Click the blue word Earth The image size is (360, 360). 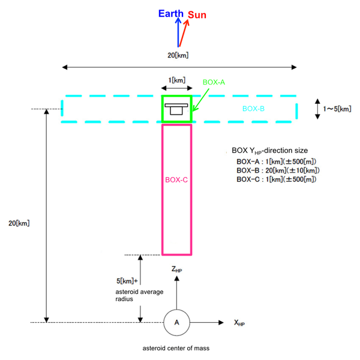point(171,14)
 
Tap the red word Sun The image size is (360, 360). point(197,15)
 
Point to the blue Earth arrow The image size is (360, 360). point(178,32)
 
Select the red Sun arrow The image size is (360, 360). point(184,33)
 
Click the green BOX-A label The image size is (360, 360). point(214,82)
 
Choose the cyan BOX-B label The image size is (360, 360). point(253,109)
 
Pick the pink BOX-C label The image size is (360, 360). point(176,180)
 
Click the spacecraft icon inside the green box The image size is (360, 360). point(176,109)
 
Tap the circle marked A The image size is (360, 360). point(177,323)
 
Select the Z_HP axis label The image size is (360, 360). point(176,269)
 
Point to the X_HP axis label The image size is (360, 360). point(239,323)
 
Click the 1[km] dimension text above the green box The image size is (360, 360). point(177,80)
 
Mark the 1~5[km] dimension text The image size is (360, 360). point(337,109)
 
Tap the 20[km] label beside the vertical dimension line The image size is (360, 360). point(19,223)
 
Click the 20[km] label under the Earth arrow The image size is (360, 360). point(178,55)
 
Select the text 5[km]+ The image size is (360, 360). point(127,281)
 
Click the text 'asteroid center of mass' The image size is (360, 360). point(176,348)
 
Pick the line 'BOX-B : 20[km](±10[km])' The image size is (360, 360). point(278,170)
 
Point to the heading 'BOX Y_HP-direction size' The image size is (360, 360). point(270,151)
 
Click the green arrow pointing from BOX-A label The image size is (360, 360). point(200,100)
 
